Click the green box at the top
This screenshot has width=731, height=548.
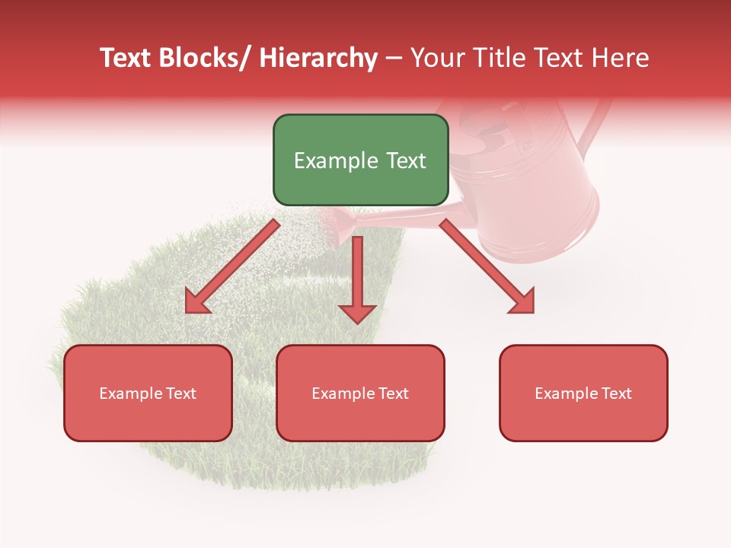coord(360,160)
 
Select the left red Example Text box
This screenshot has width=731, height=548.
coord(148,393)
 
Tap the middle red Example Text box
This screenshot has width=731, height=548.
coord(360,393)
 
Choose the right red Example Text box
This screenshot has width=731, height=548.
coord(583,393)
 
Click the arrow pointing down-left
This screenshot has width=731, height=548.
coord(232,266)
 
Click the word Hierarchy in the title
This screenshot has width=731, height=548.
coord(318,58)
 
